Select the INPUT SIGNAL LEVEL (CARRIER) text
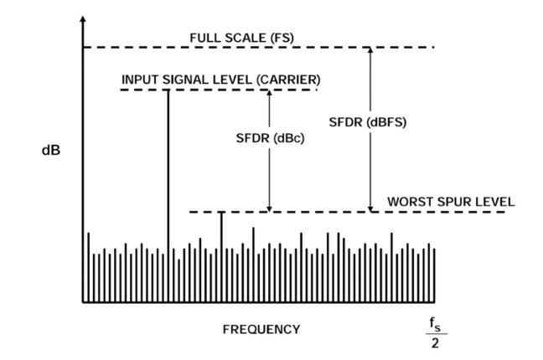(x=220, y=79)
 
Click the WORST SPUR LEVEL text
(x=452, y=202)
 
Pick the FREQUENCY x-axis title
(x=261, y=329)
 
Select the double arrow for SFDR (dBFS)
(x=370, y=167)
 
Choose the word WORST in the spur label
(x=408, y=202)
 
